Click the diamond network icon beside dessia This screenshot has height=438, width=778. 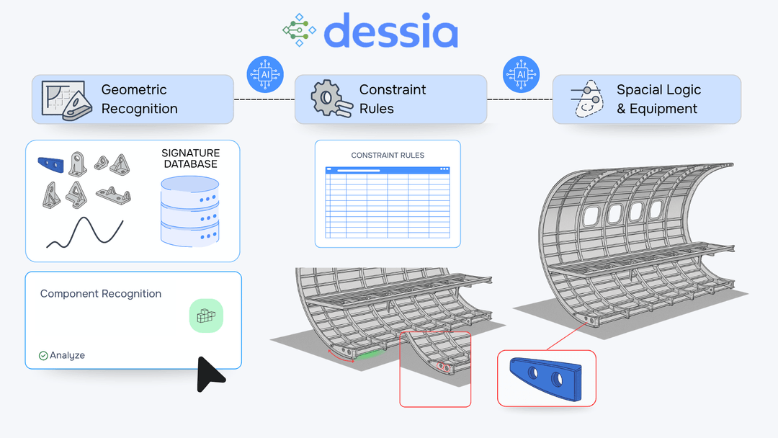point(299,30)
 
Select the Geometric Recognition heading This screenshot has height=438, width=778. point(139,99)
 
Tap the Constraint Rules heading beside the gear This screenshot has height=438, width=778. point(393,99)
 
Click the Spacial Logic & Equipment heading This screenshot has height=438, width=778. point(658,99)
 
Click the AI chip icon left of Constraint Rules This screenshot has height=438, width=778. point(264,75)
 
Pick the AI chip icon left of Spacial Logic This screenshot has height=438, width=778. point(521,75)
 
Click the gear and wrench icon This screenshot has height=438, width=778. point(331,99)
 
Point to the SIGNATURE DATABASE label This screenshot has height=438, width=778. point(191,158)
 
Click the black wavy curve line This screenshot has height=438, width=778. point(85,233)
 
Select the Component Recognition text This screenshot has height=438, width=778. point(101,294)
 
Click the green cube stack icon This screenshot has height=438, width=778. point(206,316)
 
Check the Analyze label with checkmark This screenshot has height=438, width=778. point(63,355)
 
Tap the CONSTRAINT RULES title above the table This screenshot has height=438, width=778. point(388,155)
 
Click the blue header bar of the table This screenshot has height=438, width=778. point(388,170)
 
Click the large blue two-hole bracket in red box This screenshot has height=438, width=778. point(546,377)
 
